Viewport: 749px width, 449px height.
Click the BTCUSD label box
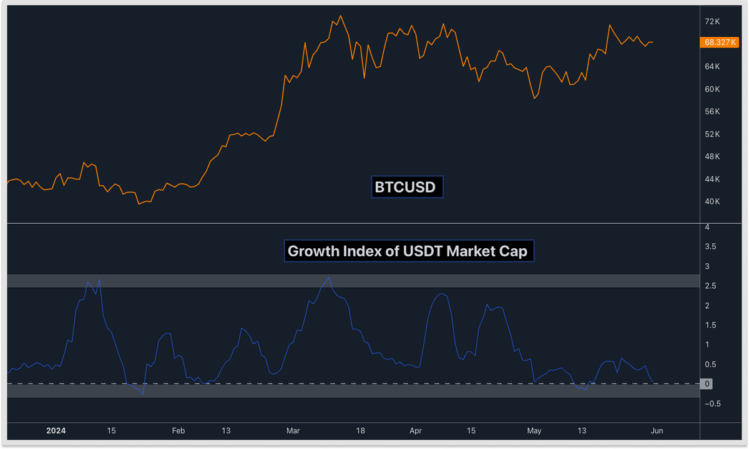(x=407, y=186)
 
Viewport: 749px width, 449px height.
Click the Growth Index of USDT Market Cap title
(x=409, y=251)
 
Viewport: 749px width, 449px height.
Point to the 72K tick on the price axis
(x=713, y=22)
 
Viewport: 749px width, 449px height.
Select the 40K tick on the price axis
(x=713, y=202)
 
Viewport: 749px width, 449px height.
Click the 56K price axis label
(x=713, y=112)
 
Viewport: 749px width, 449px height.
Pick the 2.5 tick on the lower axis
(x=710, y=286)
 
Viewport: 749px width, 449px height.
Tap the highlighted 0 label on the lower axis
(x=707, y=384)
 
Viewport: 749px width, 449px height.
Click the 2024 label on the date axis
(x=56, y=431)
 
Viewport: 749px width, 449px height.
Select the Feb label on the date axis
(x=179, y=431)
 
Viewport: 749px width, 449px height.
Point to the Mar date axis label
(x=293, y=431)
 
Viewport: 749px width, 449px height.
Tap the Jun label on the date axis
(x=657, y=431)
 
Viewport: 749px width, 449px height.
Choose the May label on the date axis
(x=534, y=431)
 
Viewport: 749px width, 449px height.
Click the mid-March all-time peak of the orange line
(x=340, y=16)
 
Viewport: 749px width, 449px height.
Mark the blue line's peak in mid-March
(x=329, y=278)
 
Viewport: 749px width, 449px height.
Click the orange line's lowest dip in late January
(x=139, y=204)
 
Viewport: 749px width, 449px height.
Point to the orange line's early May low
(x=534, y=98)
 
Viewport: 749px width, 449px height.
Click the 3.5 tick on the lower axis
(x=710, y=247)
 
